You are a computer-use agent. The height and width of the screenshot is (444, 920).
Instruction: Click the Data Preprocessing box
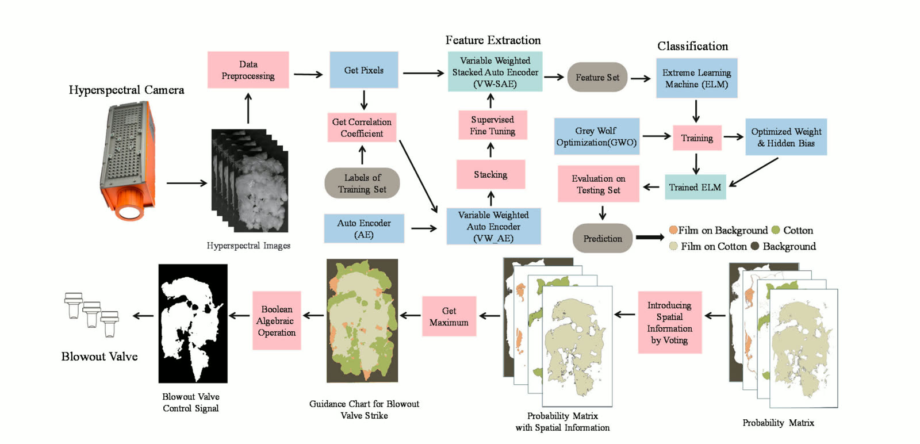click(248, 70)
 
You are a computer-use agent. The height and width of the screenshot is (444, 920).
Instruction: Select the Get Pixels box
click(364, 70)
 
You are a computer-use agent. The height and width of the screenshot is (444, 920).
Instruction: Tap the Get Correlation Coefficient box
click(362, 128)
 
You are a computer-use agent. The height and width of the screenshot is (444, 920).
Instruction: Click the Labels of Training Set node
click(362, 183)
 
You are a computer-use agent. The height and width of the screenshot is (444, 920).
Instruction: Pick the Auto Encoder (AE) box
click(364, 229)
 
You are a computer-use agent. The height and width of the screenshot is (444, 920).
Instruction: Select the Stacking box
click(491, 175)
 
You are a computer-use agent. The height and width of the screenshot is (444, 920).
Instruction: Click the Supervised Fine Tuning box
click(493, 125)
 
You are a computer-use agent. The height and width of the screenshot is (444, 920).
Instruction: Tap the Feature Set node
click(597, 77)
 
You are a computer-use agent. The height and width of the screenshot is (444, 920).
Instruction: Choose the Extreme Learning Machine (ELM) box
click(696, 78)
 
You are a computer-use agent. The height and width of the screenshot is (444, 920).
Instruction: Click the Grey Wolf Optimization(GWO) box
click(597, 136)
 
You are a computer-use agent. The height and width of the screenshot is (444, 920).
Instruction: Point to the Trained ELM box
click(695, 187)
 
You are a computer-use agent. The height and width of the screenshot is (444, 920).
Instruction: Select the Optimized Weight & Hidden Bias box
click(786, 137)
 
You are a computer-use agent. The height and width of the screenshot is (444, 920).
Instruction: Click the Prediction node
click(603, 238)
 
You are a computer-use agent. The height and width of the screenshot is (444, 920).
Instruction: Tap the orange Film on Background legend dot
click(673, 230)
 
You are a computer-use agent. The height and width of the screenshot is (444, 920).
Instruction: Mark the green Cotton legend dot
click(776, 230)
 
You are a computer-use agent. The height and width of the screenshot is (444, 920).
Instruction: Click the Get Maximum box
click(449, 316)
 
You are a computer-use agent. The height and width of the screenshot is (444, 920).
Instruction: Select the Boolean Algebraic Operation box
click(277, 320)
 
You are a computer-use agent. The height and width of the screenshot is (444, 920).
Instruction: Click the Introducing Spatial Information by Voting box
click(670, 323)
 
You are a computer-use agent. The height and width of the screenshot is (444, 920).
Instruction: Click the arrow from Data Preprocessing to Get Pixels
click(308, 74)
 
